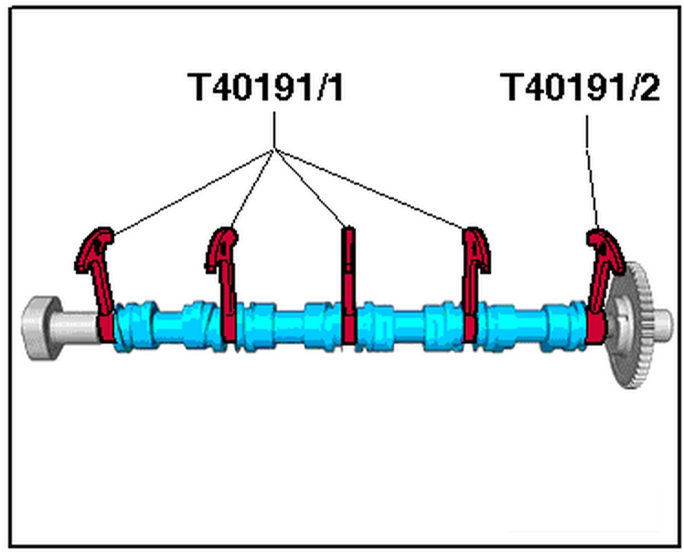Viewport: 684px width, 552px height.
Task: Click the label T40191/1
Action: (x=265, y=89)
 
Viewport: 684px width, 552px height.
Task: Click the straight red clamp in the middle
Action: (x=347, y=283)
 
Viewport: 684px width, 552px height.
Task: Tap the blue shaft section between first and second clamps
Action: (x=165, y=324)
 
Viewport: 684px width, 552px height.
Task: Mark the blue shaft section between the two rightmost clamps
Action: (x=530, y=325)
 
